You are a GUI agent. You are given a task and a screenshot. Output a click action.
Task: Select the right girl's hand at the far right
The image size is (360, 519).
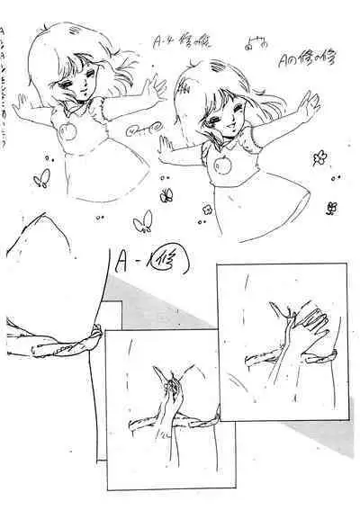pyautogui.click(x=308, y=105)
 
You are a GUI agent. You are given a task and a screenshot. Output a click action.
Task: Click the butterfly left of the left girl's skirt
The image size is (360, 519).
pyautogui.click(x=40, y=180)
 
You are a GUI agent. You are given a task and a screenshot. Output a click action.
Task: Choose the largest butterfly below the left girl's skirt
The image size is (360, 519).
pyautogui.click(x=142, y=221)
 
